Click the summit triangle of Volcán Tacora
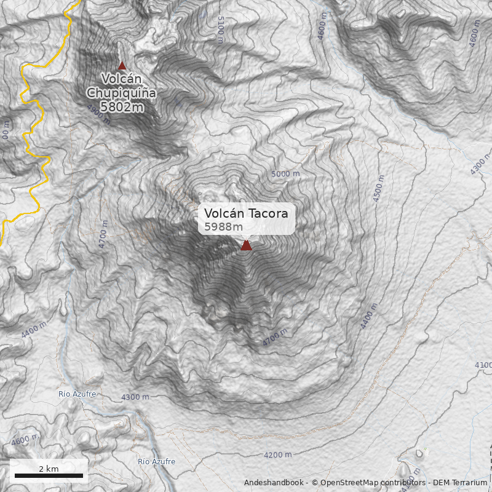(x=246, y=245)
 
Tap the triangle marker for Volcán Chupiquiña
(x=122, y=66)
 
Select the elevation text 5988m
(x=224, y=227)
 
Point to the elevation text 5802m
(x=122, y=106)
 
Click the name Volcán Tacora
(x=246, y=213)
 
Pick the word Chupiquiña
(x=121, y=92)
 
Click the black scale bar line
(x=49, y=475)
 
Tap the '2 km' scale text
(x=49, y=469)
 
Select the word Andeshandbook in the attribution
(x=274, y=483)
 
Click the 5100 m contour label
(x=220, y=30)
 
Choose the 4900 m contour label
(x=98, y=114)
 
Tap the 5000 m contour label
(x=285, y=174)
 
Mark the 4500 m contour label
(x=379, y=188)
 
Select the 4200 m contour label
(x=277, y=455)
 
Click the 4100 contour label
(x=483, y=365)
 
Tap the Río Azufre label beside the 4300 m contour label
(x=77, y=394)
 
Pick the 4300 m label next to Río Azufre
(x=135, y=397)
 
